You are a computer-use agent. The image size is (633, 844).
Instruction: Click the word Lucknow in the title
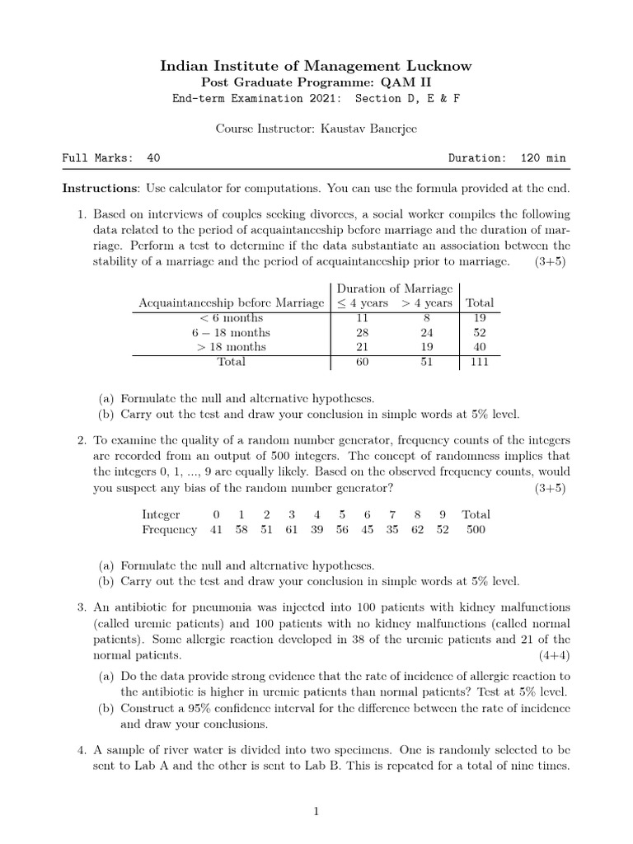pos(433,66)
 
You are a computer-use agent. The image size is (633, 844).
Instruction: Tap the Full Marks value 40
pos(153,158)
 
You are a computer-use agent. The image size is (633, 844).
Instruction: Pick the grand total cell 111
pos(480,362)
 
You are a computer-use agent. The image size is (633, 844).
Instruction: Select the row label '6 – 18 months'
pos(231,333)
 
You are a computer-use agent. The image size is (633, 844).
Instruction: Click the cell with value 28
pos(361,333)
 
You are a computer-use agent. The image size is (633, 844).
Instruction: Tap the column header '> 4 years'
pos(426,303)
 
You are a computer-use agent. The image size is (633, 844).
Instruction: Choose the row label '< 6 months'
pos(231,318)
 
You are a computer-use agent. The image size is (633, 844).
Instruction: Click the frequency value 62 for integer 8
pos(418,530)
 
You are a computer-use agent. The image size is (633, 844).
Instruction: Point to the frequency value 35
pos(392,530)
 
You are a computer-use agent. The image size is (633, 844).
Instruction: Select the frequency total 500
pos(476,530)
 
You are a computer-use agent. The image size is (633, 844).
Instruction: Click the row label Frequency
pos(169,530)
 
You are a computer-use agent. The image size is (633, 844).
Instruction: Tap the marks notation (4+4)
pos(554,655)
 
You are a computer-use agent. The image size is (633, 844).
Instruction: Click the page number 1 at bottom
pos(316,812)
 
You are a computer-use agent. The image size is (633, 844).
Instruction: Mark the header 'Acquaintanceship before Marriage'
pos(232,303)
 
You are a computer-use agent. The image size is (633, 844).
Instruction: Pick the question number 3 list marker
pos(82,607)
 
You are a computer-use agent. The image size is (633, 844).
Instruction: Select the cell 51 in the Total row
pos(426,362)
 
